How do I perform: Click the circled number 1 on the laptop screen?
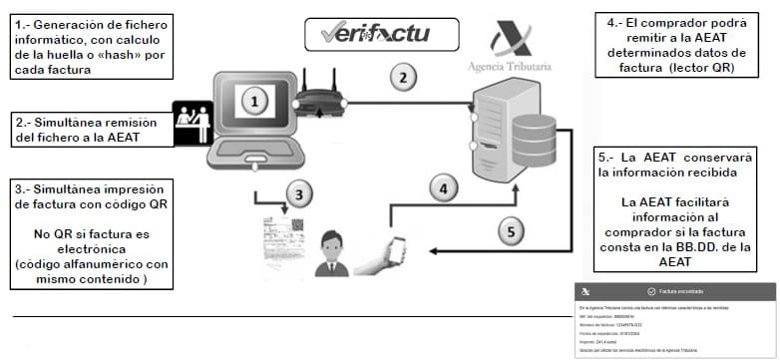(255, 101)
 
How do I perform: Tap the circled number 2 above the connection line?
(402, 75)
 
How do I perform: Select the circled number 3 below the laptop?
(296, 192)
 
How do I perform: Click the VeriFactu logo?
(373, 36)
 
